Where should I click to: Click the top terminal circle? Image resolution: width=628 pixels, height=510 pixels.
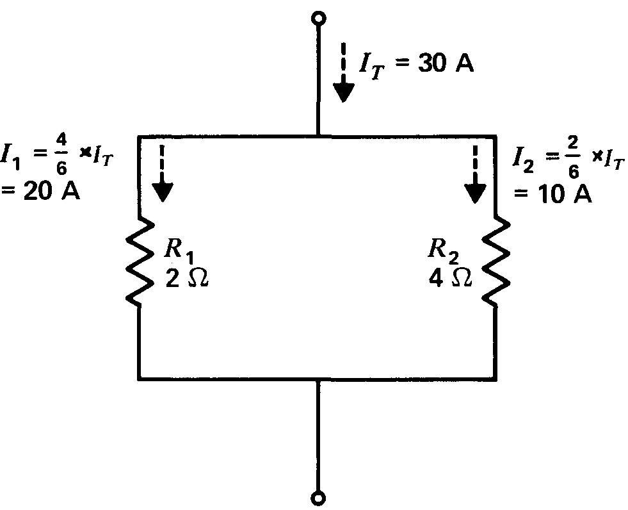[x=318, y=19]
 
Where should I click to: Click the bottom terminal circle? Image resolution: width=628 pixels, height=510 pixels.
[x=318, y=497]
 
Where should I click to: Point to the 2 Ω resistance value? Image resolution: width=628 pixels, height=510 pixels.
[x=186, y=279]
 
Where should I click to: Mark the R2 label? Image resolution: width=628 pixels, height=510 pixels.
[x=448, y=251]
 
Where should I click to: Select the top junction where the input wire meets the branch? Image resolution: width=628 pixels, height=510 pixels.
[x=318, y=136]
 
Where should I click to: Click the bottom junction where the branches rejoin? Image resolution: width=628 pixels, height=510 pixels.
[x=318, y=379]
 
